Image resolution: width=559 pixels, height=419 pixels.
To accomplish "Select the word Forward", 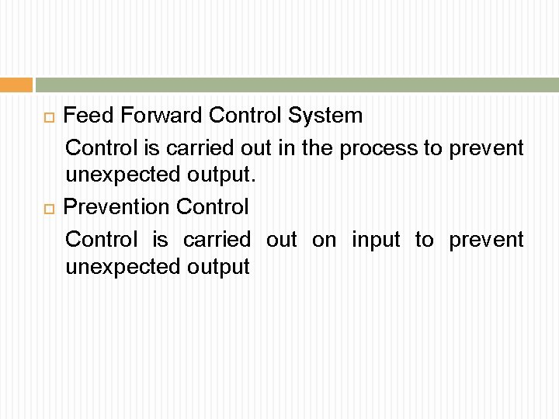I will (155, 116).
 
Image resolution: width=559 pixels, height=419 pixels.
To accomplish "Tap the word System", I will (326, 116).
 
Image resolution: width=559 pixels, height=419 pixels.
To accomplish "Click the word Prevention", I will (116, 207).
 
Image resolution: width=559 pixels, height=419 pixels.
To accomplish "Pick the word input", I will (377, 240).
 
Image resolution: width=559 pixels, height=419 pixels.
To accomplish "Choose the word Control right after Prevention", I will (213, 207).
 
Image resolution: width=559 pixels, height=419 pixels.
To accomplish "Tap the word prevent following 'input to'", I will (486, 240).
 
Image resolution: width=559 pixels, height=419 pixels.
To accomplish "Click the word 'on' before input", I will (325, 240).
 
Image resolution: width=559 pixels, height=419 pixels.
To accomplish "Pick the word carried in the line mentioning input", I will (217, 240).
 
